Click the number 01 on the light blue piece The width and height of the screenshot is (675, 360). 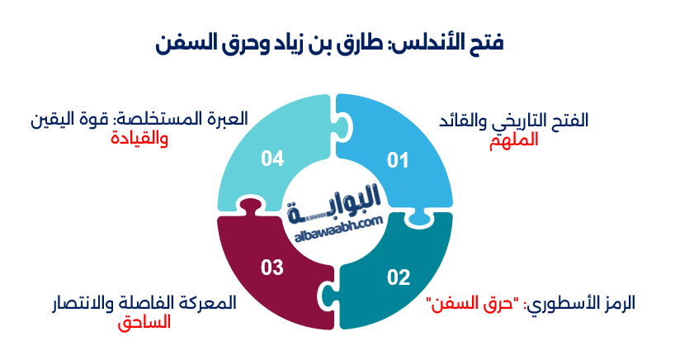[398, 159]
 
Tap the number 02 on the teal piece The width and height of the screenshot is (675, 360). [399, 277]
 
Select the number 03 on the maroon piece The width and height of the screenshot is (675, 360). [272, 267]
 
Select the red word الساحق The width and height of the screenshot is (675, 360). [144, 321]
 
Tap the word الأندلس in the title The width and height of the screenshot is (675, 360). [437, 43]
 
